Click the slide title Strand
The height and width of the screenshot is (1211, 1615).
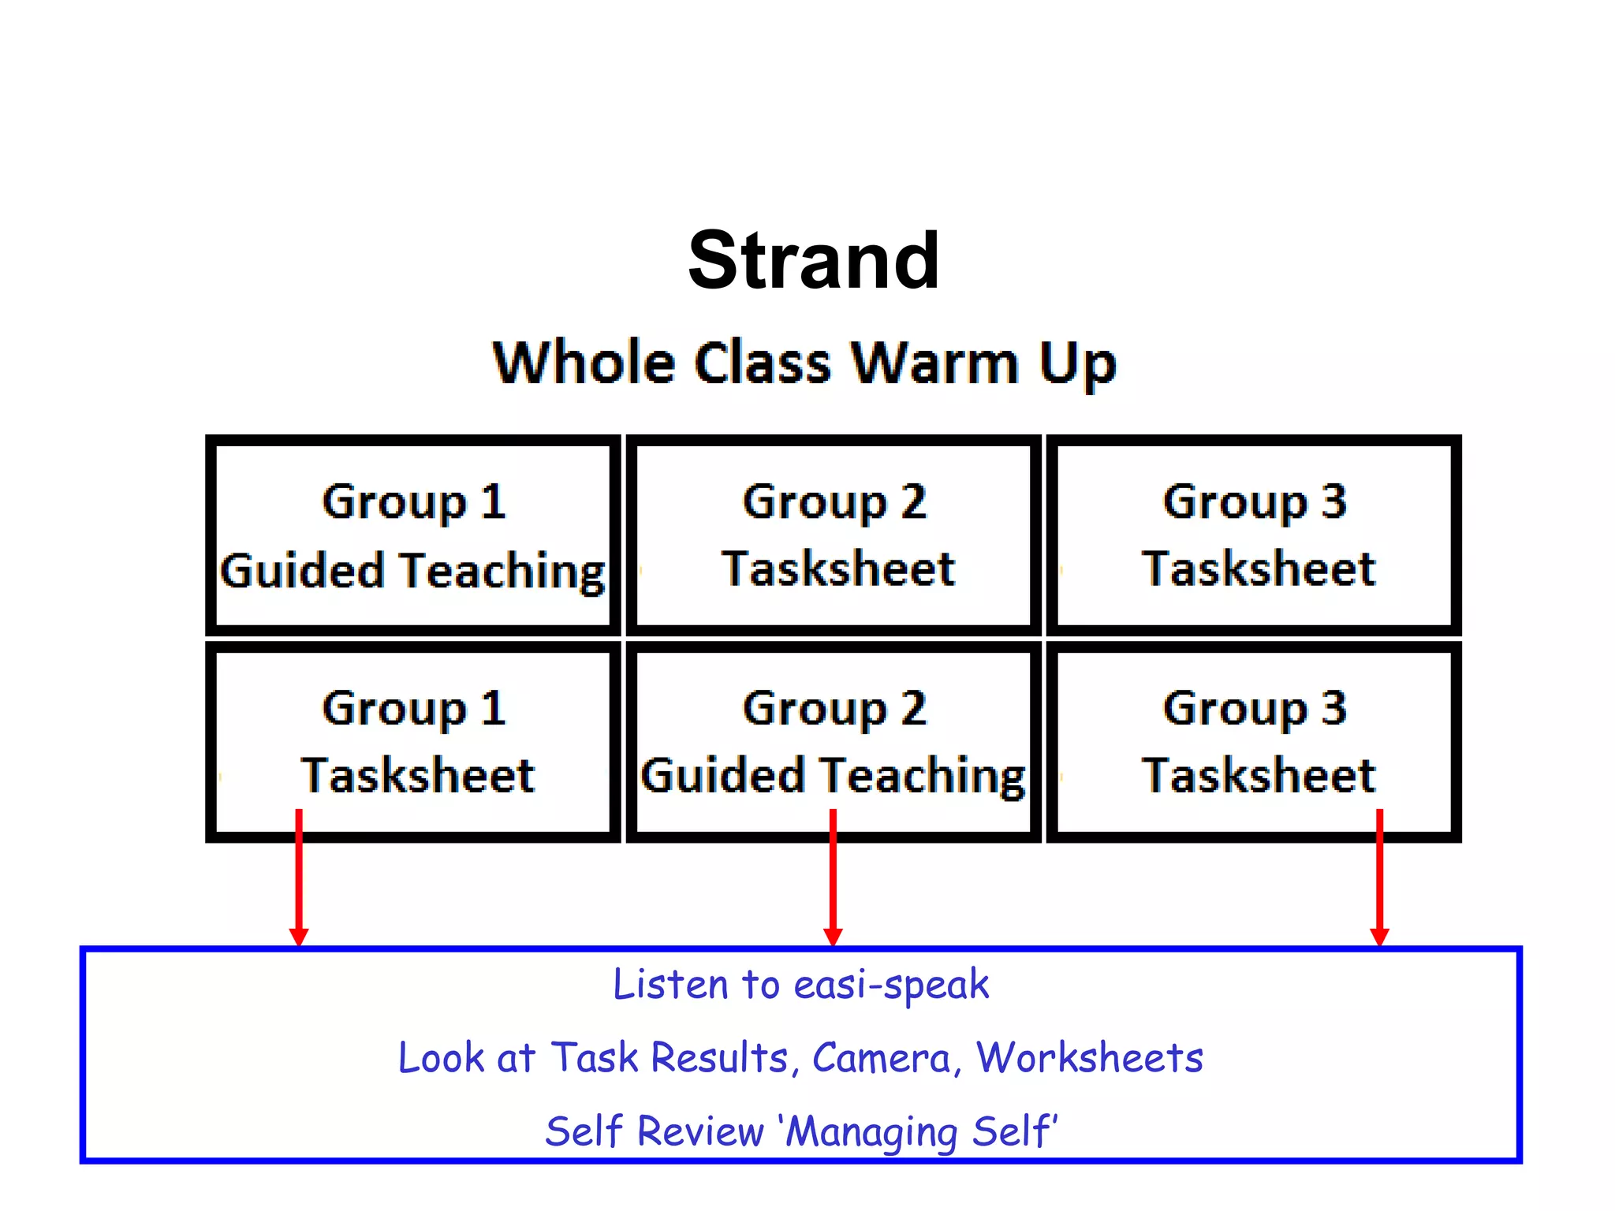click(x=813, y=261)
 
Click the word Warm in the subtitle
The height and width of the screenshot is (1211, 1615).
click(x=935, y=363)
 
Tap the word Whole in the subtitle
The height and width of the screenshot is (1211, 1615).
click(x=584, y=363)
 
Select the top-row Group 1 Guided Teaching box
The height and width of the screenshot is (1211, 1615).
click(x=413, y=536)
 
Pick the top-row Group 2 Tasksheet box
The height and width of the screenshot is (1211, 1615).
click(x=834, y=536)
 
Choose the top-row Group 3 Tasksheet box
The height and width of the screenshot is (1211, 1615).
click(x=1254, y=536)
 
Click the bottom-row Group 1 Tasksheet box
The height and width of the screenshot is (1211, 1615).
click(x=413, y=742)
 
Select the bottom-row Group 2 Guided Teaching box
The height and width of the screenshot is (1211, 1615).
click(x=834, y=742)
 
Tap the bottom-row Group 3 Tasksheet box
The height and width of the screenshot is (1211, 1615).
click(x=1254, y=742)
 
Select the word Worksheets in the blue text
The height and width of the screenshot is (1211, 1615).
click(x=1090, y=1058)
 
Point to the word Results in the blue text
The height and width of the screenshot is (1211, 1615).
click(x=720, y=1058)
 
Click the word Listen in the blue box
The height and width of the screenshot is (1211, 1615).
click(x=670, y=985)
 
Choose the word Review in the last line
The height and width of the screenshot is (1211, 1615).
click(x=700, y=1131)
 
